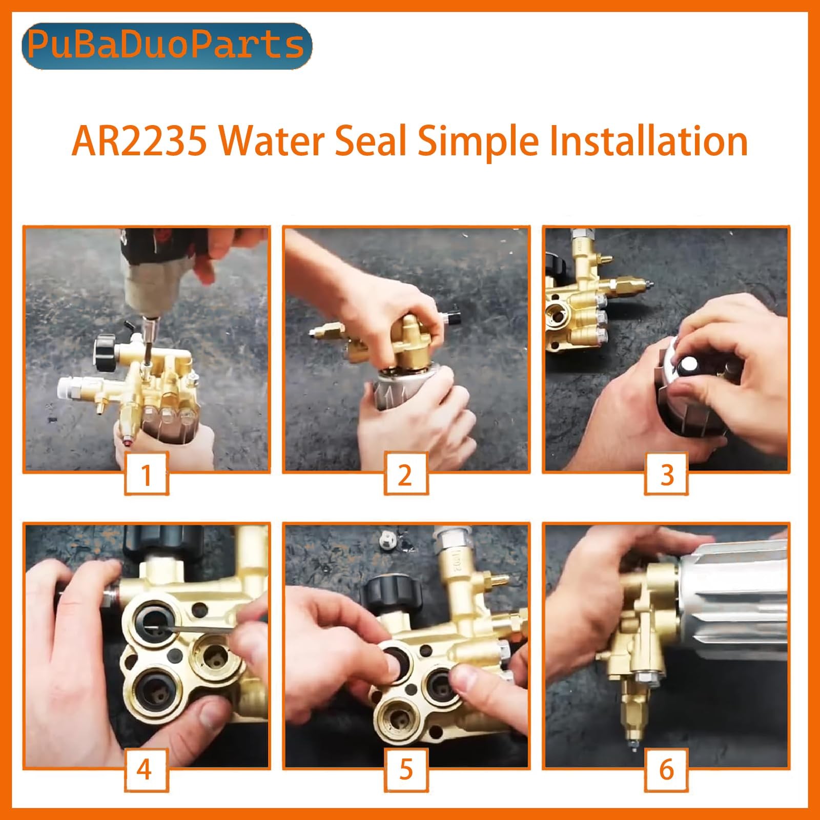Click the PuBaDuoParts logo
(167, 46)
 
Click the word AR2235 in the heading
(139, 141)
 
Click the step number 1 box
(147, 474)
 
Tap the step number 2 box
(405, 474)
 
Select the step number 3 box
(666, 474)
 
